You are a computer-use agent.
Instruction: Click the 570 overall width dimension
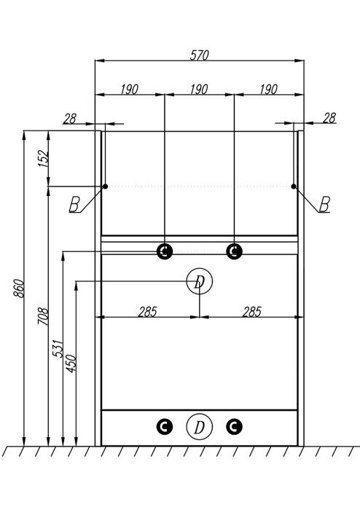pyautogui.click(x=199, y=55)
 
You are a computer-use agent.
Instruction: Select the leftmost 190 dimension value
pyautogui.click(x=130, y=90)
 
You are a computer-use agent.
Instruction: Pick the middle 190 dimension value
pyautogui.click(x=199, y=90)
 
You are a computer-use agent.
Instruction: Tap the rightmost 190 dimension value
pyautogui.click(x=269, y=90)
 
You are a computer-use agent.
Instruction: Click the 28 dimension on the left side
pyautogui.click(x=69, y=119)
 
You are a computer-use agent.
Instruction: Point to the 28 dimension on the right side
pyautogui.click(x=329, y=118)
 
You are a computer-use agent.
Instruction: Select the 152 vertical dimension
pyautogui.click(x=44, y=159)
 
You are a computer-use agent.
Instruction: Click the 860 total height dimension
pyautogui.click(x=19, y=289)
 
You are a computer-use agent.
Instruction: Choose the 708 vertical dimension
pyautogui.click(x=43, y=316)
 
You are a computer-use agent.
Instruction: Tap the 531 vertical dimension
pyautogui.click(x=58, y=349)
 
